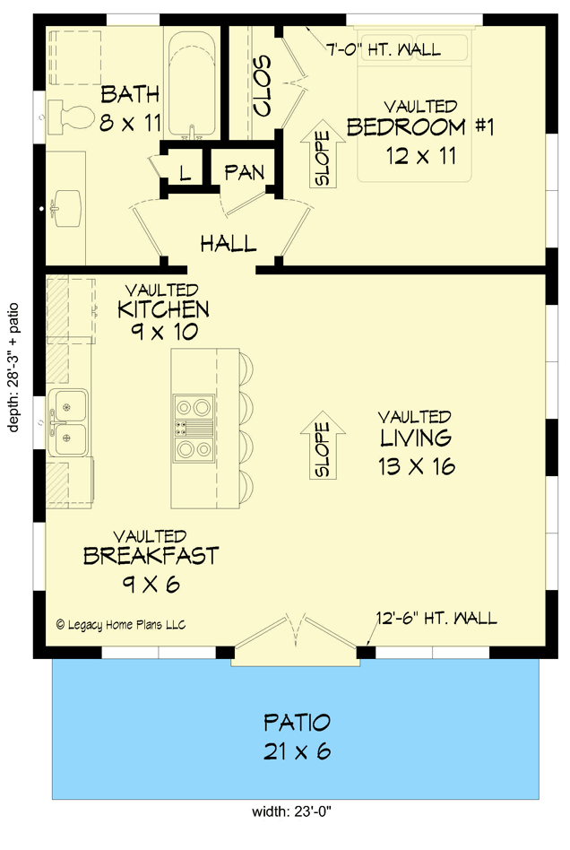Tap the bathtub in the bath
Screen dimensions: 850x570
192,85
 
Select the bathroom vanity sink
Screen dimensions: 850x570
63,207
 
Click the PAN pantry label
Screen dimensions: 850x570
243,171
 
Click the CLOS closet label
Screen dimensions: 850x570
263,85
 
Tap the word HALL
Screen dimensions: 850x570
228,243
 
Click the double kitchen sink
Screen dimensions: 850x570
68,421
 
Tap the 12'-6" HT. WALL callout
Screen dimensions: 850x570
436,619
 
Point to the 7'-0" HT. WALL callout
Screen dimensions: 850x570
383,49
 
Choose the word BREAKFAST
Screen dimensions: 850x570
151,556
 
